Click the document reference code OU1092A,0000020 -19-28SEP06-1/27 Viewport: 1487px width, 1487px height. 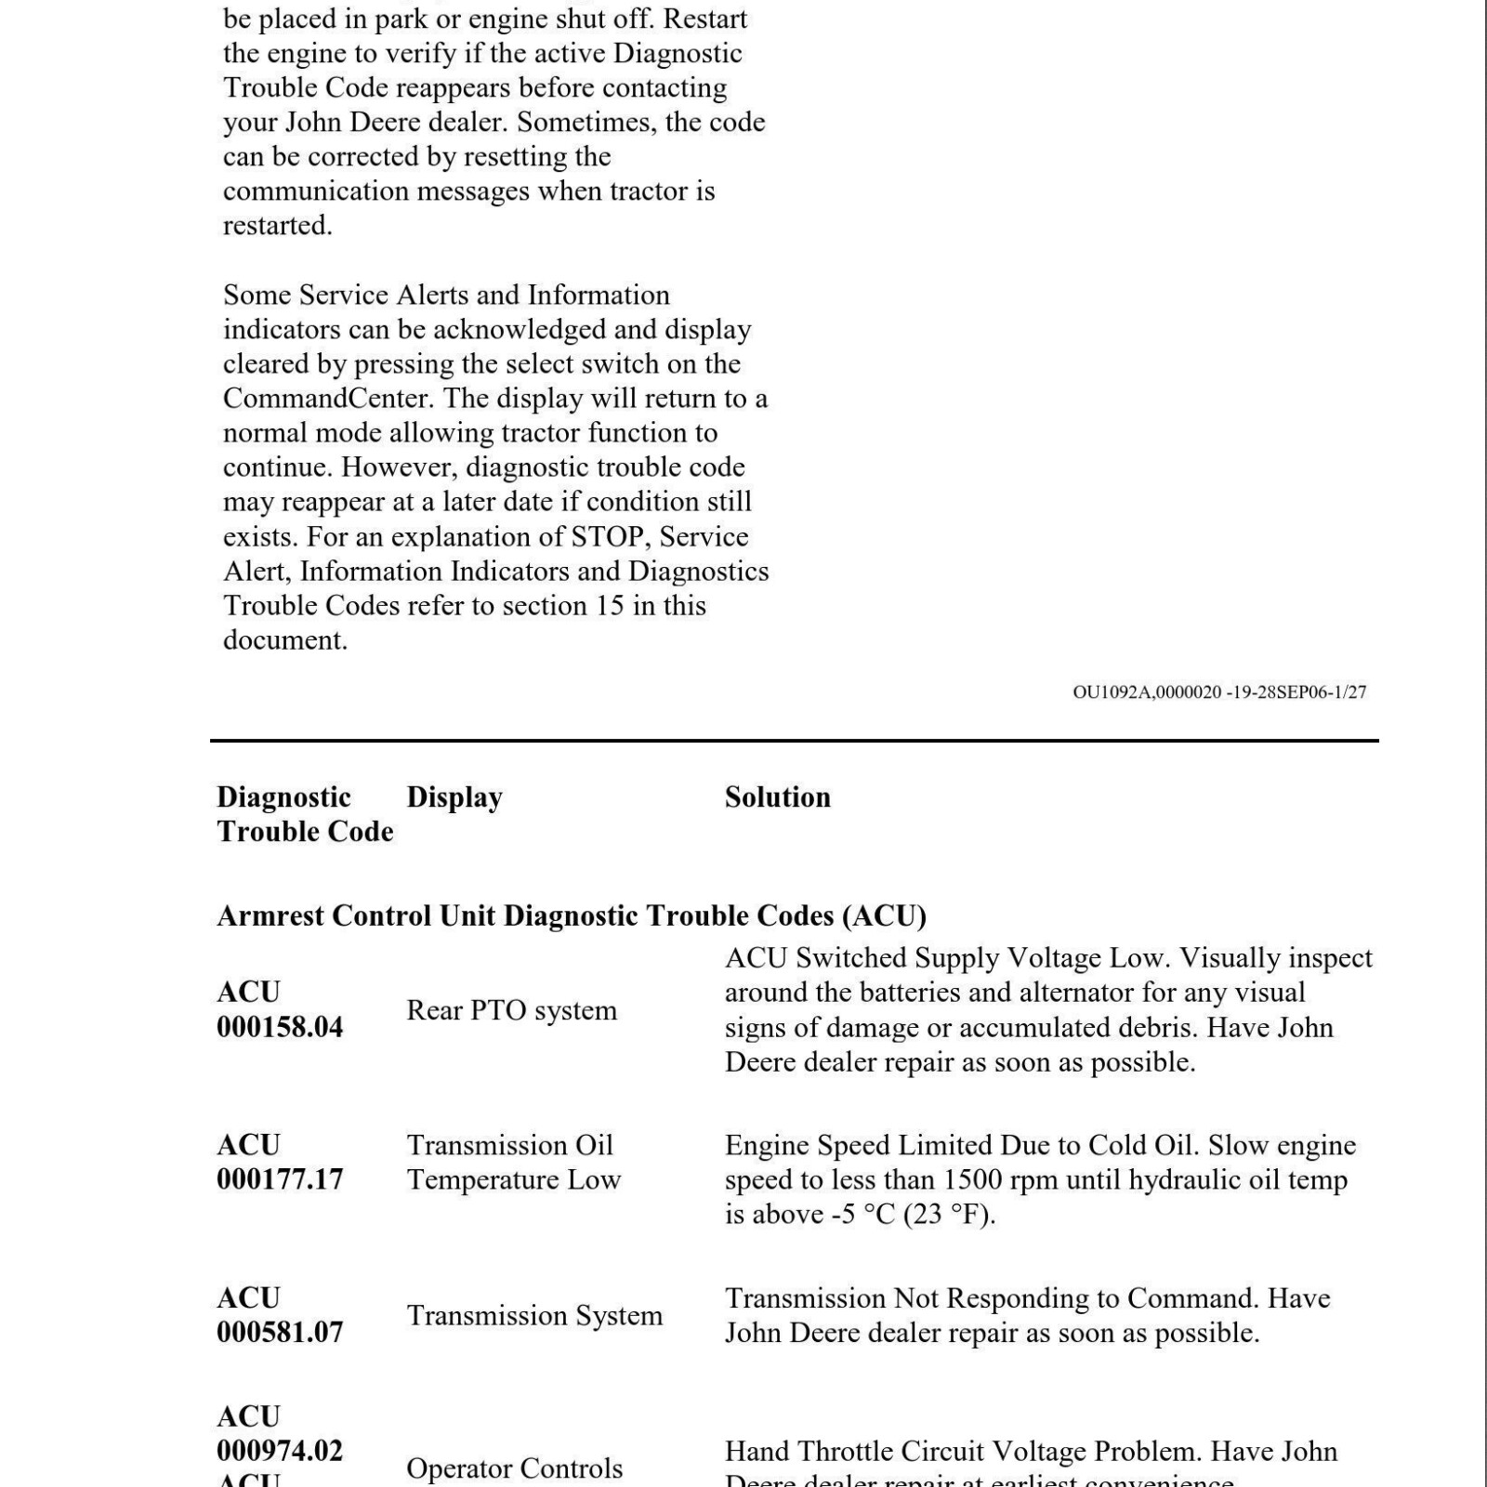point(1219,692)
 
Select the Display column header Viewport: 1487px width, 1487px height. point(454,797)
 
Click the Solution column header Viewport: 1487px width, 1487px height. point(777,797)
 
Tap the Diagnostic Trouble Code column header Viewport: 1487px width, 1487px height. point(305,814)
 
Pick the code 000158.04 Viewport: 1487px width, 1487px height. point(280,1027)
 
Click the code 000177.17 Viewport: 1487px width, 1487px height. point(280,1179)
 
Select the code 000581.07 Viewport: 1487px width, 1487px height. point(280,1333)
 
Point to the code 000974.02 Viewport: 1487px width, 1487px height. point(280,1451)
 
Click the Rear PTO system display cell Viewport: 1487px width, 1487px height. point(511,1010)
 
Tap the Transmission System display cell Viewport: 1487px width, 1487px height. point(534,1316)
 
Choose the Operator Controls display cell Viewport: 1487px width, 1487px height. point(514,1468)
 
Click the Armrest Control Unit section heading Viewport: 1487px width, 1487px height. point(572,916)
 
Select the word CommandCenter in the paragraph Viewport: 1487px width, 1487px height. point(326,399)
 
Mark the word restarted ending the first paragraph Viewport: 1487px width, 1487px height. point(276,226)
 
